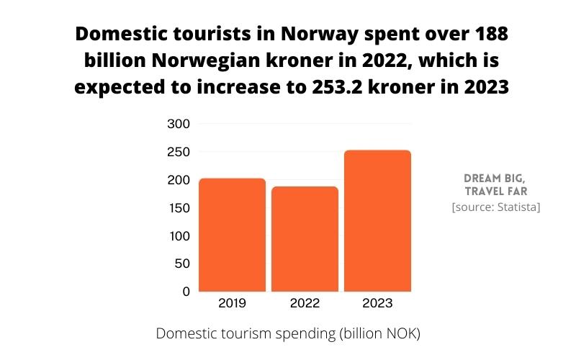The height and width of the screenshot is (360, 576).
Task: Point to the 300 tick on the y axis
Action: click(x=178, y=124)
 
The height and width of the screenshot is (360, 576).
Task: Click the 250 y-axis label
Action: click(x=178, y=152)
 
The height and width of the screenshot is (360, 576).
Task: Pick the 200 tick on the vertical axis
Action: click(x=178, y=180)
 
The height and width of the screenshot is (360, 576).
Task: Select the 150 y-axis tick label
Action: click(x=178, y=208)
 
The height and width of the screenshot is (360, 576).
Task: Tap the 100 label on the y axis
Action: click(x=178, y=236)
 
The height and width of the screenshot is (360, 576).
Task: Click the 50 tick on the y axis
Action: click(x=181, y=264)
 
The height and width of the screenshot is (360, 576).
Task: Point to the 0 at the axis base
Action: click(x=185, y=292)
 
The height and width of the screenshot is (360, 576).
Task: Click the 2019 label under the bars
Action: click(x=232, y=304)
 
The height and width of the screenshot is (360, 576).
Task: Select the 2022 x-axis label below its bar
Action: click(x=305, y=304)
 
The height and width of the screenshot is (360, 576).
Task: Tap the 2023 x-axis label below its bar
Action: click(x=377, y=304)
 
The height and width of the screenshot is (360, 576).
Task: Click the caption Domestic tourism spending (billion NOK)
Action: click(x=287, y=334)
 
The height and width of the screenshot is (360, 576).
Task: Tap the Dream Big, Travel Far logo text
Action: click(x=495, y=184)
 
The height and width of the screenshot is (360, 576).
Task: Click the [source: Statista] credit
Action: click(x=495, y=207)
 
